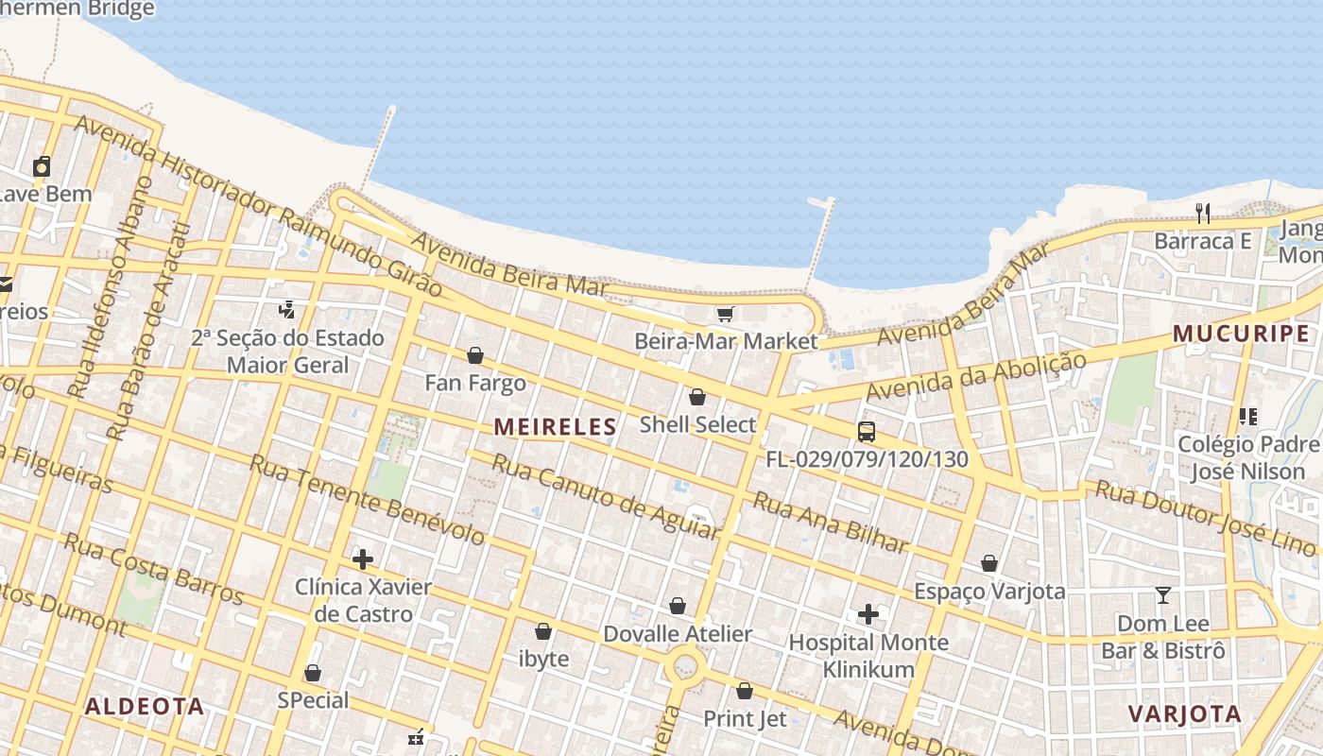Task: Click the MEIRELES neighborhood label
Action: (x=555, y=427)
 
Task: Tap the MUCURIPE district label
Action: (x=1241, y=334)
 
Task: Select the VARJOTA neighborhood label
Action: (x=1184, y=713)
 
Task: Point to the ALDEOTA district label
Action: (x=145, y=706)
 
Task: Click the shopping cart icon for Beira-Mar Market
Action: (x=725, y=314)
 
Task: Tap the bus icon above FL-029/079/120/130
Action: (x=866, y=432)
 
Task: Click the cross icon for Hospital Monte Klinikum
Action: (x=868, y=615)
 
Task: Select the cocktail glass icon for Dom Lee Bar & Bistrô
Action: (x=1162, y=595)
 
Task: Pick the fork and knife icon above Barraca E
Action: (x=1202, y=214)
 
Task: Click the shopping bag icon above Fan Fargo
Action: (x=475, y=355)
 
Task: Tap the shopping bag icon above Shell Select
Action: (x=697, y=397)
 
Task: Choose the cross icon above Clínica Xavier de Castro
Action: (x=363, y=559)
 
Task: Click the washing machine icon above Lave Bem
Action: (x=42, y=167)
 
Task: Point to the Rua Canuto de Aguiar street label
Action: (x=605, y=496)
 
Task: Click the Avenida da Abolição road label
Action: (x=975, y=376)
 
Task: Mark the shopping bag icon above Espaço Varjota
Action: (x=988, y=564)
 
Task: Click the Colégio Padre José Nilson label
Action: (x=1247, y=457)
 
